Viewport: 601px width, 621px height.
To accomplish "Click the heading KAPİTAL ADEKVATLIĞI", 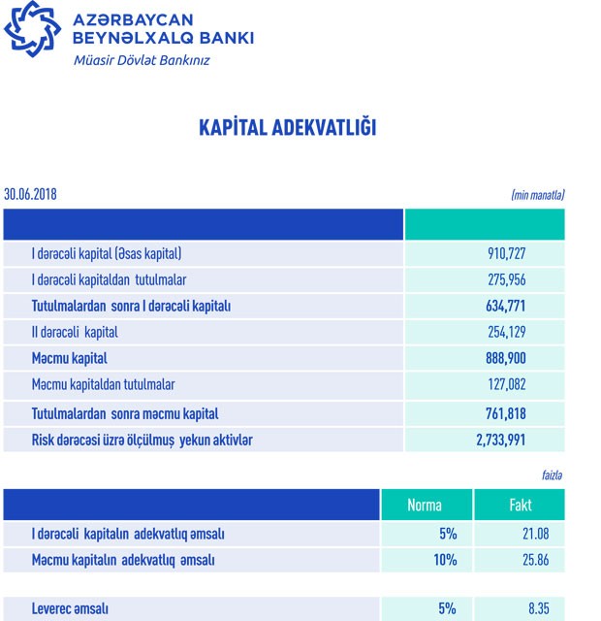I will pos(287,128).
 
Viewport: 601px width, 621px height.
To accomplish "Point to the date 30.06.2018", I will pos(30,194).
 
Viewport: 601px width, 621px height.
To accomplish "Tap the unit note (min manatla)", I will pos(537,195).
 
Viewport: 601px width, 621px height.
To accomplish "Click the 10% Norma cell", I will pos(445,561).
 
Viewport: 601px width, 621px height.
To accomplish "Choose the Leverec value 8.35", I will pos(541,609).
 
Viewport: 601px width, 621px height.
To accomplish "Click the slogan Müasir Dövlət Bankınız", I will pos(142,60).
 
